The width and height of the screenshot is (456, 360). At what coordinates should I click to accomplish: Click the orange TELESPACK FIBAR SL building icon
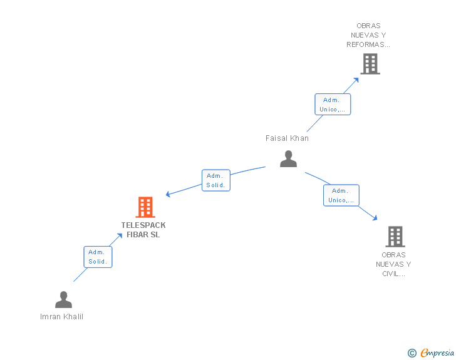(145, 207)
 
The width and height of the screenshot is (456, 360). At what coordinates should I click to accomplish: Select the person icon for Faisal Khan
(288, 159)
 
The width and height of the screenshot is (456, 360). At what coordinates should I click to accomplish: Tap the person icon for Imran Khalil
(63, 300)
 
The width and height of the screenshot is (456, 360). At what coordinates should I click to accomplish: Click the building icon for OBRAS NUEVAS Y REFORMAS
(370, 64)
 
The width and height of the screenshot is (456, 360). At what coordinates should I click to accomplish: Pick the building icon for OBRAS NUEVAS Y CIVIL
(395, 237)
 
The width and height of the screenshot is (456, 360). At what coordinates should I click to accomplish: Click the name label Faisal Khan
(287, 138)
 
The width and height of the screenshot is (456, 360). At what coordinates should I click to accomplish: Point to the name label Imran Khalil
(61, 316)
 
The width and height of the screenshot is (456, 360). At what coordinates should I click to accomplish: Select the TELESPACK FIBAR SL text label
(143, 230)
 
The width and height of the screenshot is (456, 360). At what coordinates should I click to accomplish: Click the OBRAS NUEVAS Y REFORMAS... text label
(368, 36)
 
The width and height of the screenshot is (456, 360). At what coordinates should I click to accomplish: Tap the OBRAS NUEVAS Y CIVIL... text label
(393, 264)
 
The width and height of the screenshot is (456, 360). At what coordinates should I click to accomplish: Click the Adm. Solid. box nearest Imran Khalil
(98, 257)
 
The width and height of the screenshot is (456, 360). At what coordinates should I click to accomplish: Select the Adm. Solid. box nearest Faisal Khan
(216, 180)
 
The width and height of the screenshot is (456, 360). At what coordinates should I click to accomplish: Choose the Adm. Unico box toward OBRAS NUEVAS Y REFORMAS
(332, 105)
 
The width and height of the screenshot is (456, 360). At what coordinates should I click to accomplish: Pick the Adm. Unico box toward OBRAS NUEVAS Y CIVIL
(341, 195)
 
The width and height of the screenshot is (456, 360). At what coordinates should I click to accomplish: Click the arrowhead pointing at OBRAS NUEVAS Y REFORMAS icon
(356, 79)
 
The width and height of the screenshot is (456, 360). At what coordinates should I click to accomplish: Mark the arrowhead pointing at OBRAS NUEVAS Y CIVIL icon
(375, 218)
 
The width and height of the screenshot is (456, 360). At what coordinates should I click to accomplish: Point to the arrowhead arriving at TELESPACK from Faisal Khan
(168, 194)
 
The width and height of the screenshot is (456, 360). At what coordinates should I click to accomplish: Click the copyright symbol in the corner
(412, 353)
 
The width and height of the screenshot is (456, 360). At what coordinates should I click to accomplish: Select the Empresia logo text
(437, 353)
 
